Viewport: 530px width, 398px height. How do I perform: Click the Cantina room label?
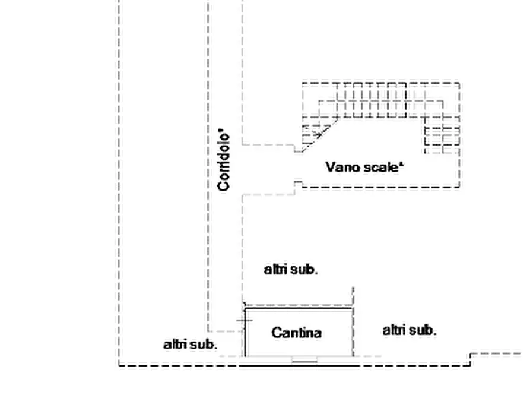[296, 333]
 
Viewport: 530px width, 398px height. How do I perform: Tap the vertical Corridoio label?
[224, 162]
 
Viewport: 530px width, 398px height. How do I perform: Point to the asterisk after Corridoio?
[221, 130]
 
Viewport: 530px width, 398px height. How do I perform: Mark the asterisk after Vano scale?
[401, 164]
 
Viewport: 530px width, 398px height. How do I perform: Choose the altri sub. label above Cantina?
[291, 270]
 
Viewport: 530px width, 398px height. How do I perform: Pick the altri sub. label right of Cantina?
[410, 330]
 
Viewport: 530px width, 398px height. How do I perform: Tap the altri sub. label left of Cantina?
[190, 345]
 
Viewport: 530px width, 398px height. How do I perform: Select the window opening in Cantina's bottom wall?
[304, 359]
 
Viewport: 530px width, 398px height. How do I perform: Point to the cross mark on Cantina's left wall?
[245, 320]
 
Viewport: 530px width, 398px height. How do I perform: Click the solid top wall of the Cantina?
[299, 308]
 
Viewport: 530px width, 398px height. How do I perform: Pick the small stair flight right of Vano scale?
[442, 135]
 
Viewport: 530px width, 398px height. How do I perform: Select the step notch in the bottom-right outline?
[471, 359]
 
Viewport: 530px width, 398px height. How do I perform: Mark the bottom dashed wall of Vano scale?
[381, 187]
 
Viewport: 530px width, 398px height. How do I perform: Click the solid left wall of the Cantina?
[245, 332]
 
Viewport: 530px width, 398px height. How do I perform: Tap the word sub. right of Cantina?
[424, 330]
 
